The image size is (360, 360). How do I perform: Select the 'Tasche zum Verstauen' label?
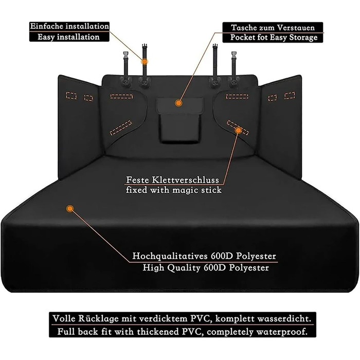(273, 27)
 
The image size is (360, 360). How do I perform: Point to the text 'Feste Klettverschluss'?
(173, 181)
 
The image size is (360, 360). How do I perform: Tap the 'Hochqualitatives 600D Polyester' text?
(204, 256)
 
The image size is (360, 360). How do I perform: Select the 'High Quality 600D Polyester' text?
(204, 267)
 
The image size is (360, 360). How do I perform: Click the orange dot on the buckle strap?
(145, 61)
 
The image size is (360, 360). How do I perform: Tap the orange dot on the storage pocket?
(178, 103)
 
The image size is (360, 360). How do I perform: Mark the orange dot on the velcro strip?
(238, 131)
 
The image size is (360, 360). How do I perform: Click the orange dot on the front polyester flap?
(70, 209)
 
